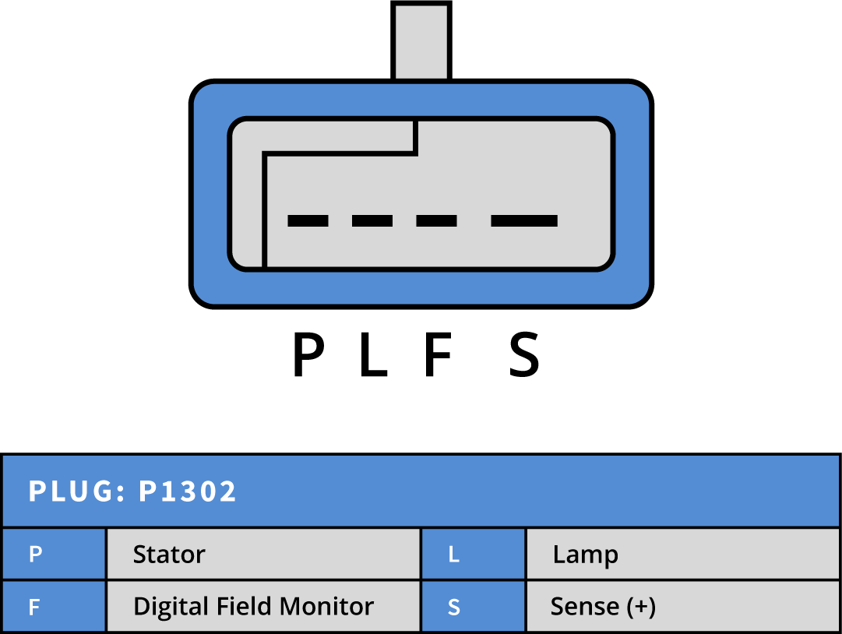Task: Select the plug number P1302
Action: pyautogui.click(x=188, y=492)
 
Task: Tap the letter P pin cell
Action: pyautogui.click(x=36, y=555)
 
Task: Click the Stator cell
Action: pyautogui.click(x=169, y=555)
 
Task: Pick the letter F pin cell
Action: pyautogui.click(x=34, y=607)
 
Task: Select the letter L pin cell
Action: pyautogui.click(x=454, y=555)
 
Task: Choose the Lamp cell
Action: pyautogui.click(x=586, y=555)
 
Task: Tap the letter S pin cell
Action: pyautogui.click(x=454, y=607)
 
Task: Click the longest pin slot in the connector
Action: pyautogui.click(x=524, y=220)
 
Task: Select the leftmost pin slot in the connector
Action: pyautogui.click(x=308, y=220)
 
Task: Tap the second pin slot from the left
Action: pyautogui.click(x=372, y=220)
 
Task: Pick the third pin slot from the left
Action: pyautogui.click(x=436, y=220)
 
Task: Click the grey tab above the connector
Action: pyautogui.click(x=421, y=42)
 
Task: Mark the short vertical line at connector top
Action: pyautogui.click(x=416, y=137)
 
